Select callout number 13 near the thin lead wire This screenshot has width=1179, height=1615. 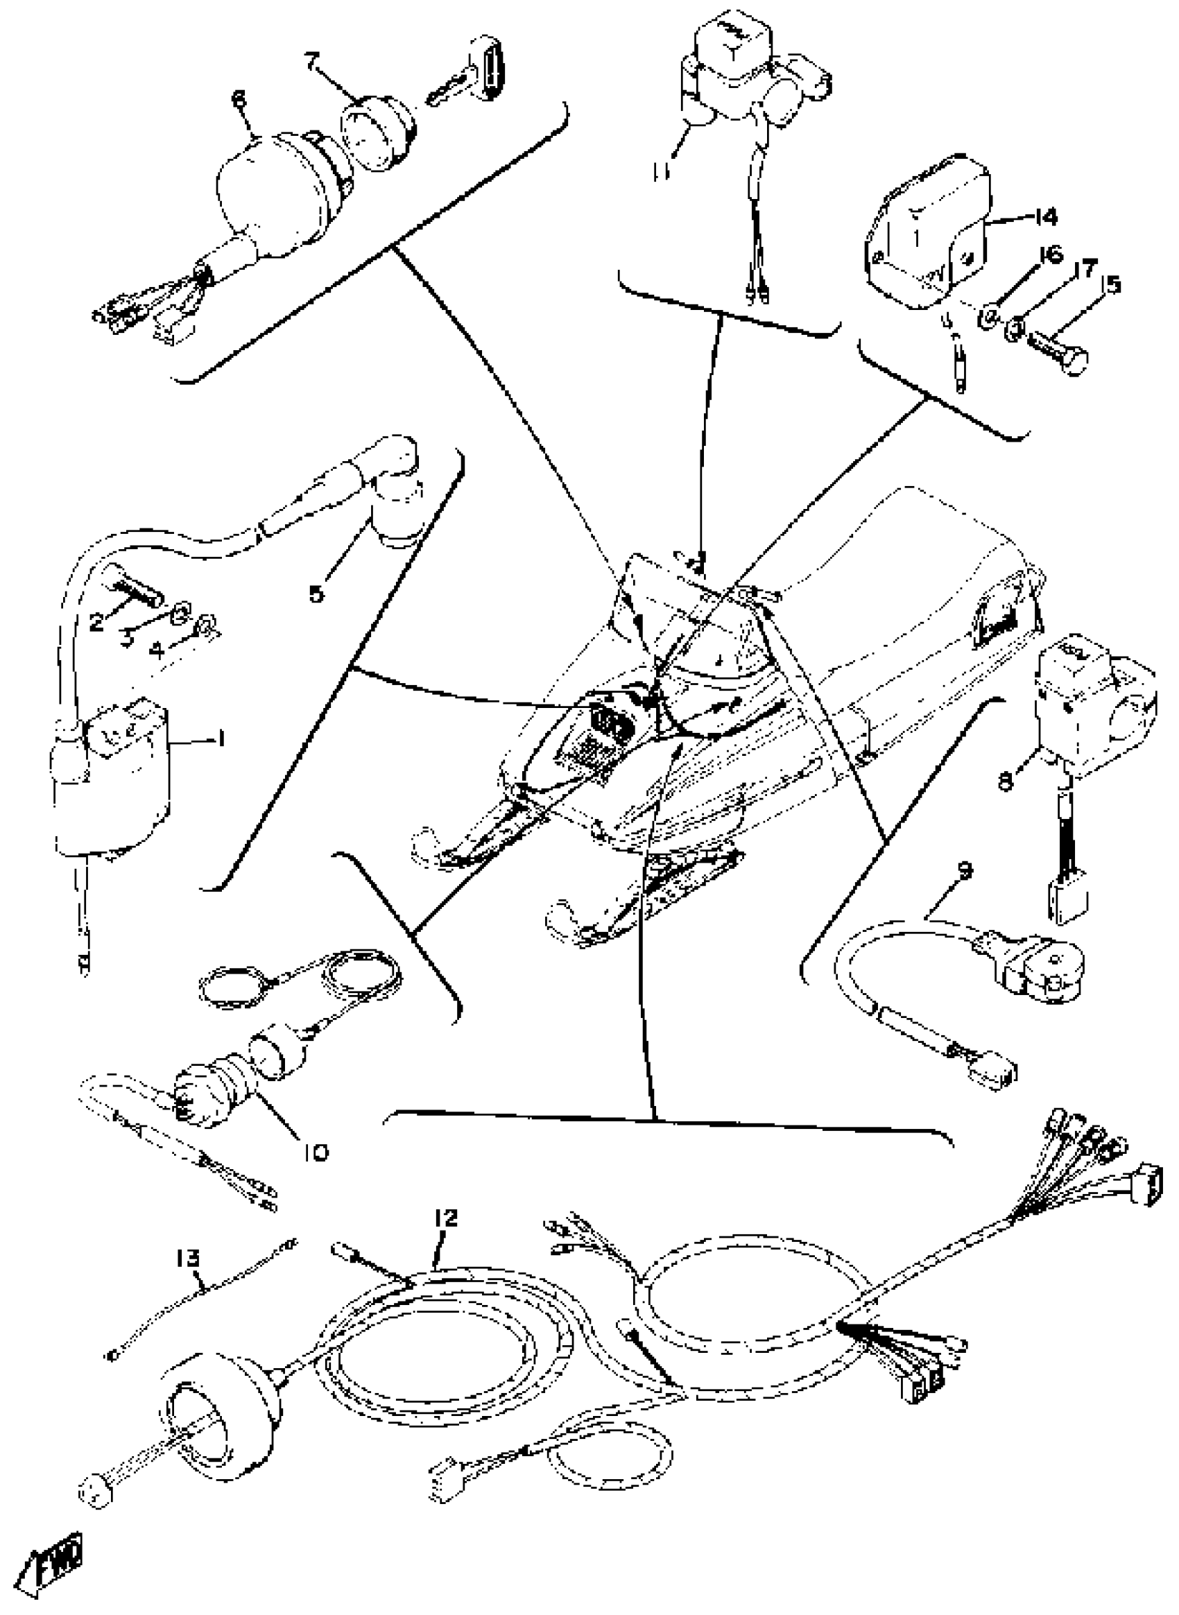tap(189, 1257)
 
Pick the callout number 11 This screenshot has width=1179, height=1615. tap(660, 171)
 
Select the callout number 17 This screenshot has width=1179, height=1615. tap(1084, 269)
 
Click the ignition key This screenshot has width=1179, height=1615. tap(471, 80)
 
